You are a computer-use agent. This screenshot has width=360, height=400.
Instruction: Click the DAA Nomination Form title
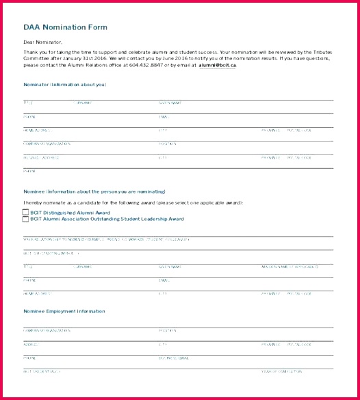[x=65, y=27]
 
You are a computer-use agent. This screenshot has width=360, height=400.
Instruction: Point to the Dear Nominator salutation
[x=42, y=42]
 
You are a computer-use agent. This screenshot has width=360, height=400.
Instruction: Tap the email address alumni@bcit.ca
[x=217, y=66]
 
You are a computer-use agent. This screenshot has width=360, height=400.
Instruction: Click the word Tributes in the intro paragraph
[x=320, y=52]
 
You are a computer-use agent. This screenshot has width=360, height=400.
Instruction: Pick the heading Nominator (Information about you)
[x=64, y=85]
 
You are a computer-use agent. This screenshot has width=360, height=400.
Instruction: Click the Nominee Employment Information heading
[x=64, y=311]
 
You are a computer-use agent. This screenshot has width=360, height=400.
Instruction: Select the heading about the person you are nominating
[x=94, y=191]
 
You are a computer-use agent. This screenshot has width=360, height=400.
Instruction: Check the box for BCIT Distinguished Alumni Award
[x=25, y=213]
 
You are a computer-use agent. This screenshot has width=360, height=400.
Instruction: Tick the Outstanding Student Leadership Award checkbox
[x=25, y=219]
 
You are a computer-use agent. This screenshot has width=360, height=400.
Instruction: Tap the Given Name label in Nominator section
[x=170, y=103]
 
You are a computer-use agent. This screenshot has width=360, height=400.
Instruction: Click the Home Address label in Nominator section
[x=38, y=130]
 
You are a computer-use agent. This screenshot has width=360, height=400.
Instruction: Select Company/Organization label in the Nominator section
[x=47, y=144]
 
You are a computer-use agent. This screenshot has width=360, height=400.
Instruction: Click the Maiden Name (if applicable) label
[x=288, y=267]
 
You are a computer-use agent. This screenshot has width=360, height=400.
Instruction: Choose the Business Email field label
[x=174, y=358]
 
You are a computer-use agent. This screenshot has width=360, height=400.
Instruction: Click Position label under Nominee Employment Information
[x=168, y=330]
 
